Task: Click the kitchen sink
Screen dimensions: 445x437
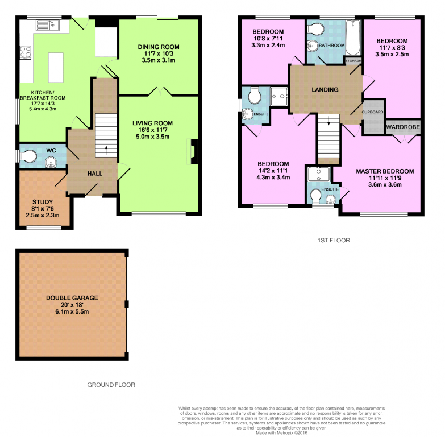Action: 47,25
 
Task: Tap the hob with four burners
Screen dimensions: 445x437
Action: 25,52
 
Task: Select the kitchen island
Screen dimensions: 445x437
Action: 56,68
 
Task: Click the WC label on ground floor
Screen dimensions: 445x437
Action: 51,150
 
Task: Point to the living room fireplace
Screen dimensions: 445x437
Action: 192,151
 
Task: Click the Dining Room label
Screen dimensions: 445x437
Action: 159,47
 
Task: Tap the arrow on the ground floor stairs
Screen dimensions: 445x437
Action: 106,150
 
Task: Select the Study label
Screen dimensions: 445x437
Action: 43,202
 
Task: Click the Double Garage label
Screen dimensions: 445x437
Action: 72,298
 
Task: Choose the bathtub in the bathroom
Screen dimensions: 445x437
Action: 353,38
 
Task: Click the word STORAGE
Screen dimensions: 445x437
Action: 353,61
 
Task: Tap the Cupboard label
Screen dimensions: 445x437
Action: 372,112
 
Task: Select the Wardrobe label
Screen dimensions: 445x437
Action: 403,127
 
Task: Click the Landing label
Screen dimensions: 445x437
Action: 325,90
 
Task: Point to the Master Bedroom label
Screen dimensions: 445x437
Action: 385,171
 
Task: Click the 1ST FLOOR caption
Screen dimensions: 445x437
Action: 334,240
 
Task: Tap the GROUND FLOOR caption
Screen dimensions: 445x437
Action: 111,385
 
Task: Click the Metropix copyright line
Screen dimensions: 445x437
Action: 281,433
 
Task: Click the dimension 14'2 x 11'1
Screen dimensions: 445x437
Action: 273,171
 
